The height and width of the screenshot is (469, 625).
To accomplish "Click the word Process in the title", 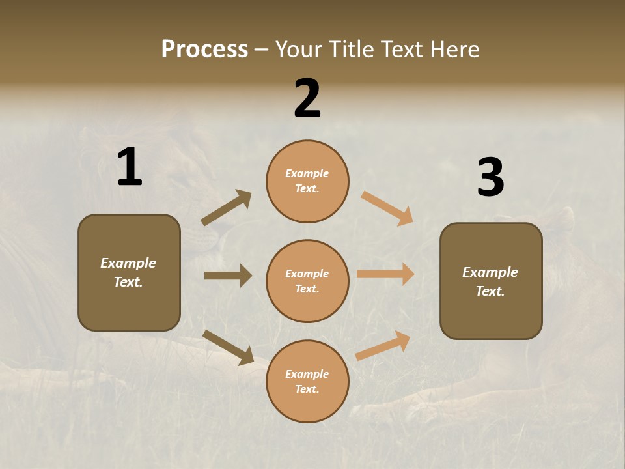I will [x=204, y=50].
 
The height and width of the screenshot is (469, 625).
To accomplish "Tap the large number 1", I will [x=130, y=167].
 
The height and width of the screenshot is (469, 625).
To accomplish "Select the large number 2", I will [x=307, y=98].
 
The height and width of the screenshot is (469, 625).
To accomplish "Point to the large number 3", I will [x=491, y=178].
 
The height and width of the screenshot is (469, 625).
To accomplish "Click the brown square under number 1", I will [x=129, y=272].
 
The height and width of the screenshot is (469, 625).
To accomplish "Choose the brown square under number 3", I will [x=491, y=281].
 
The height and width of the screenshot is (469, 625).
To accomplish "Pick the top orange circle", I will [x=307, y=181].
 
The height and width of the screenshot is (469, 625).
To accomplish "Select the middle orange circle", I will [x=307, y=281].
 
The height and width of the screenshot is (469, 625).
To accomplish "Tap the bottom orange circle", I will [x=307, y=381].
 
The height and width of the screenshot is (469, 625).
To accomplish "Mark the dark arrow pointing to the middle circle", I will [x=228, y=276].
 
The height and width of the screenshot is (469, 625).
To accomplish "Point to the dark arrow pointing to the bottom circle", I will [x=228, y=347].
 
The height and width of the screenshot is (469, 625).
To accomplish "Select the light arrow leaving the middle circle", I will [x=385, y=274].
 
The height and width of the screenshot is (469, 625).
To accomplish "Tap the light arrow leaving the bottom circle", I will [x=383, y=345].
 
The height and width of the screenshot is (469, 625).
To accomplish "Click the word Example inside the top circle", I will [x=307, y=173].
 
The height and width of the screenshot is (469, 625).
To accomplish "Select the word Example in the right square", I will [x=490, y=272].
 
